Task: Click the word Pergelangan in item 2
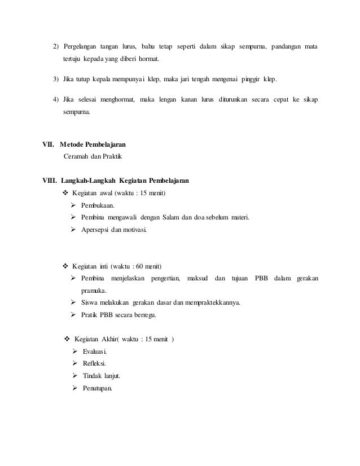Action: [79, 45]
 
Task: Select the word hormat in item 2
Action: [148, 59]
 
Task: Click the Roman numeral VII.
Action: [51, 144]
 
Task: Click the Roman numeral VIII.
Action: [52, 181]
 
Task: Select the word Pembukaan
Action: [99, 205]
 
